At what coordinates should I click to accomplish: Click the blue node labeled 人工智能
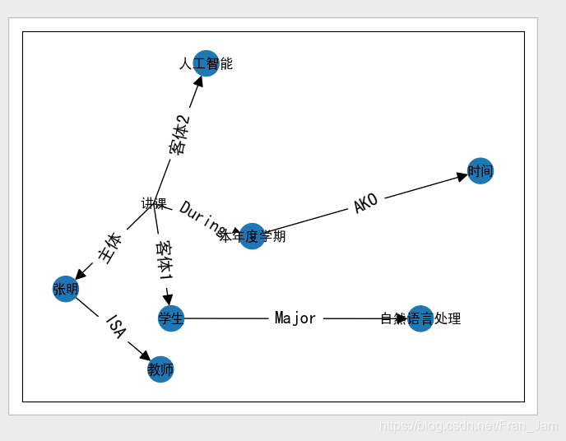pyautogui.click(x=206, y=63)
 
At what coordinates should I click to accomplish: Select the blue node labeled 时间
pyautogui.click(x=480, y=171)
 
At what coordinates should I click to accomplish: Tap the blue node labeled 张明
pyautogui.click(x=65, y=289)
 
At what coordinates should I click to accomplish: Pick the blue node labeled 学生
pyautogui.click(x=170, y=318)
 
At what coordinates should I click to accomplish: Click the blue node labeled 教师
pyautogui.click(x=160, y=369)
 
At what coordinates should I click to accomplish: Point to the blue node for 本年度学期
pyautogui.click(x=252, y=236)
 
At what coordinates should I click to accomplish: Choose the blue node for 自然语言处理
pyautogui.click(x=420, y=318)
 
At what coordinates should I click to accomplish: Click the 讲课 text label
pyautogui.click(x=154, y=204)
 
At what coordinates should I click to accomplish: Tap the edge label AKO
pyautogui.click(x=365, y=203)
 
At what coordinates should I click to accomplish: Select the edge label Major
pyautogui.click(x=295, y=318)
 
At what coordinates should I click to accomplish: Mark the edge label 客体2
pyautogui.click(x=179, y=134)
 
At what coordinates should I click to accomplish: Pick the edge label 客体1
pyautogui.click(x=164, y=261)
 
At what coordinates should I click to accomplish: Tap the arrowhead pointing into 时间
pyautogui.click(x=462, y=176)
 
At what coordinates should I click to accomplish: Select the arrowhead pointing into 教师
pyautogui.click(x=145, y=356)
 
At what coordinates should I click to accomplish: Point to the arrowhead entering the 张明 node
pyautogui.click(x=80, y=275)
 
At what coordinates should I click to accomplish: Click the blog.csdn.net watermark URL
pyautogui.click(x=468, y=425)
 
